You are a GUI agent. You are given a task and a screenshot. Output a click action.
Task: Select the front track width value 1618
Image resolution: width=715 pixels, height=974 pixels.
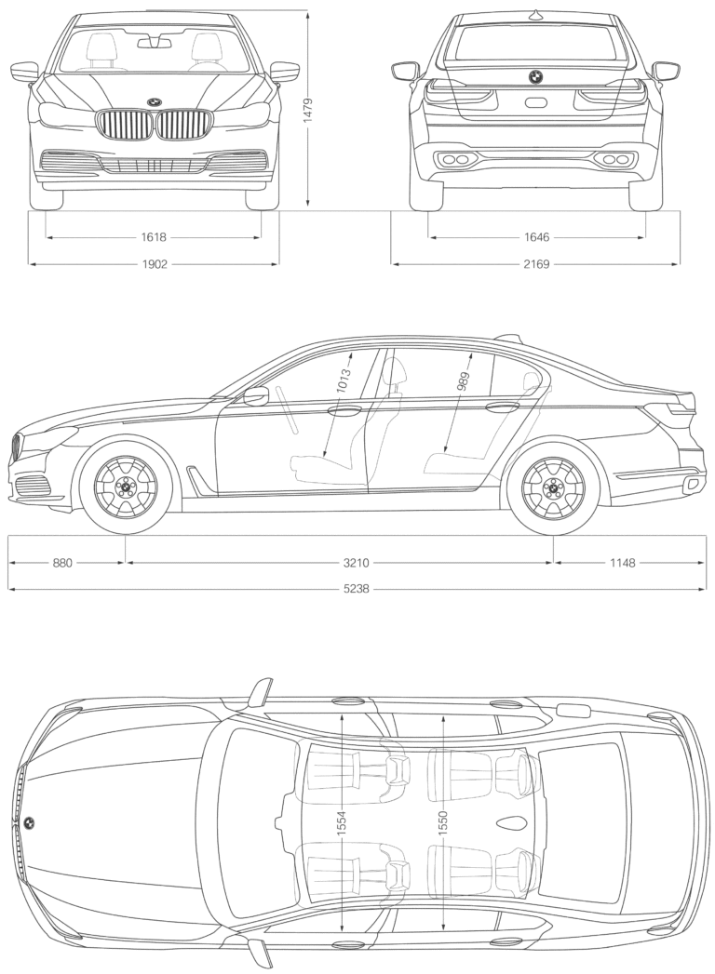point(154,237)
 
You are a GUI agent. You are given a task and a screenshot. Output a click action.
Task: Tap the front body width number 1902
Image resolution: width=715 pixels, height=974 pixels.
point(154,264)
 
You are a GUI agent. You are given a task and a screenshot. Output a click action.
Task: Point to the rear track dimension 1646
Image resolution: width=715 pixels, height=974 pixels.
point(536,237)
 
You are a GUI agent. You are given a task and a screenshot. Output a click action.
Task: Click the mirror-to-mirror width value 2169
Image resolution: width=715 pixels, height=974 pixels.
point(536,264)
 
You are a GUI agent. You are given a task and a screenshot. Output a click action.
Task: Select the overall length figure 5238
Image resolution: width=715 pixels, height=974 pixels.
point(357,589)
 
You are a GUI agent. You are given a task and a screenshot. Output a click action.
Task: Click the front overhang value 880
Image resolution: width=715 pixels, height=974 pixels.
point(62,562)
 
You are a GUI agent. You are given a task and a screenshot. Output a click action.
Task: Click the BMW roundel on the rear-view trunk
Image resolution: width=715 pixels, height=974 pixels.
point(535,76)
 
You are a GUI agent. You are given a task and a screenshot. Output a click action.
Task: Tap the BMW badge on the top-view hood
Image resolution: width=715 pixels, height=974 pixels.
point(28,823)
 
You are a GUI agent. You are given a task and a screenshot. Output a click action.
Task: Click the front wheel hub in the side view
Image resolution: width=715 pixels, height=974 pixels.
point(126,487)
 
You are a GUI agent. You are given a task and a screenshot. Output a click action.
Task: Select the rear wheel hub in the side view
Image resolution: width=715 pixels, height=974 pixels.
point(553,487)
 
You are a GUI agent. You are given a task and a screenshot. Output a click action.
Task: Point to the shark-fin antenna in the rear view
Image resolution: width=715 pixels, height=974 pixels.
point(535,13)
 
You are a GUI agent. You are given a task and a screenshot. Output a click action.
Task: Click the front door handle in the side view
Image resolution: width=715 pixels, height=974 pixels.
point(344,410)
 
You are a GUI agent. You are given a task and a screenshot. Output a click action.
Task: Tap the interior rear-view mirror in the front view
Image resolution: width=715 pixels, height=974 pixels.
point(155,42)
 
